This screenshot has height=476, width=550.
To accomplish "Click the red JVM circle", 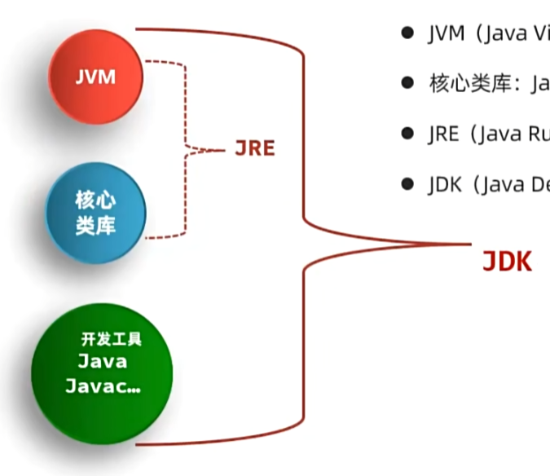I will click(x=96, y=77).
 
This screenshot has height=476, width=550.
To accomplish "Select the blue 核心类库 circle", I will click(x=96, y=212).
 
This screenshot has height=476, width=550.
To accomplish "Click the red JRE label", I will click(x=255, y=148).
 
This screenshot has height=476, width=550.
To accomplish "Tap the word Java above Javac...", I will click(x=103, y=361).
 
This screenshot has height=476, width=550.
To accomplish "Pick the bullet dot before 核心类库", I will click(x=407, y=83).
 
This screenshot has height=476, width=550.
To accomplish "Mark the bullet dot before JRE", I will click(x=407, y=134).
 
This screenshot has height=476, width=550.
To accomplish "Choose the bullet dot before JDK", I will click(x=407, y=184).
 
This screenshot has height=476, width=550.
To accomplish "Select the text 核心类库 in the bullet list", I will click(x=460, y=84).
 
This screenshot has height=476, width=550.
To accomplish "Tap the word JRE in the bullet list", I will click(x=443, y=134).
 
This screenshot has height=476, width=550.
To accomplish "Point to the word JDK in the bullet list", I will click(x=444, y=185).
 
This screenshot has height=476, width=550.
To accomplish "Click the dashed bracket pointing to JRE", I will click(x=187, y=149).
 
